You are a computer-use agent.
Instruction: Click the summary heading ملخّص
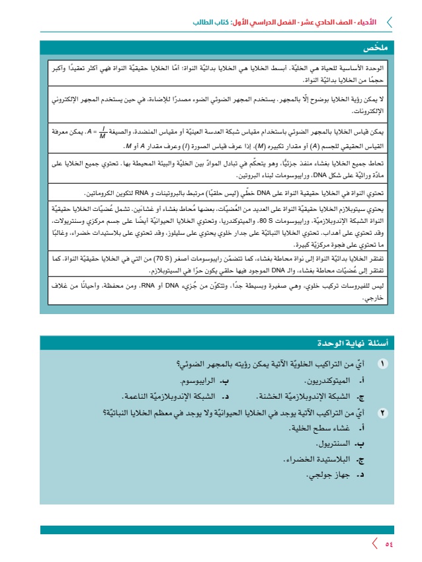[374, 48]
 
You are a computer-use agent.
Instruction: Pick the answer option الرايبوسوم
[204, 381]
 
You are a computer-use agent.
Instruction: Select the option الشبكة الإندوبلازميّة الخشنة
[309, 397]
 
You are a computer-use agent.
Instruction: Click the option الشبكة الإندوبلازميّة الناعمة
[173, 397]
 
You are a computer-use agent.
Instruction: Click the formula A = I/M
[90, 134]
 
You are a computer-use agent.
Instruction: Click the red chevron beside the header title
[388, 22]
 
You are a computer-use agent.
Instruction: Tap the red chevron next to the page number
[375, 543]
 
